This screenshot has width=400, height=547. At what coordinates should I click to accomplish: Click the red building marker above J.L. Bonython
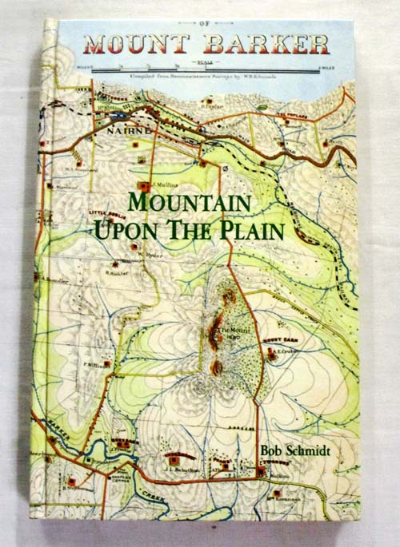click(x=174, y=461)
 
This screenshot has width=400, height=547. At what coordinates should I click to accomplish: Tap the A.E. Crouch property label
click(x=287, y=351)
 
